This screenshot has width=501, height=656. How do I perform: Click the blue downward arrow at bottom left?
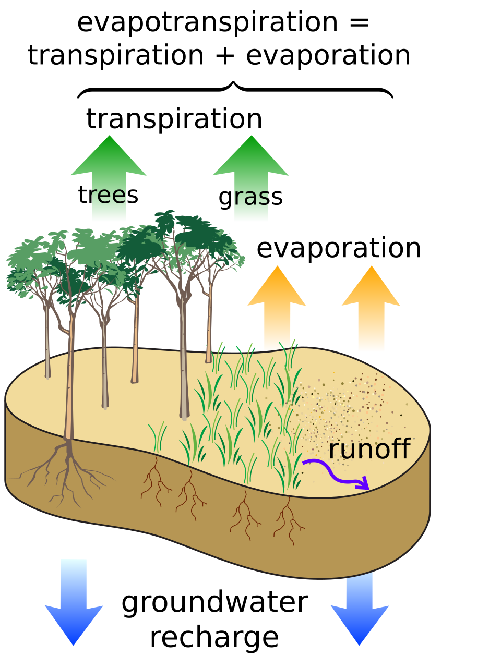pyautogui.click(x=74, y=605)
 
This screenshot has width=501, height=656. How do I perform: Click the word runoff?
pyautogui.click(x=369, y=449)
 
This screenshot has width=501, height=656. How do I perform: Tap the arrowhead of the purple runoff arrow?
pyautogui.click(x=363, y=485)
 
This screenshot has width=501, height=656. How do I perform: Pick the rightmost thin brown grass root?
pyautogui.click(x=288, y=521)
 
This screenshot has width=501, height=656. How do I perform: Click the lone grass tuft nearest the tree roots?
pyautogui.click(x=157, y=438)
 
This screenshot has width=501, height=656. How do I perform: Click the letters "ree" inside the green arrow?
pyautogui.click(x=108, y=196)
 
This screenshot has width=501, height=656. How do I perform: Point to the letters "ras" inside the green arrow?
pyautogui.click(x=252, y=197)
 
